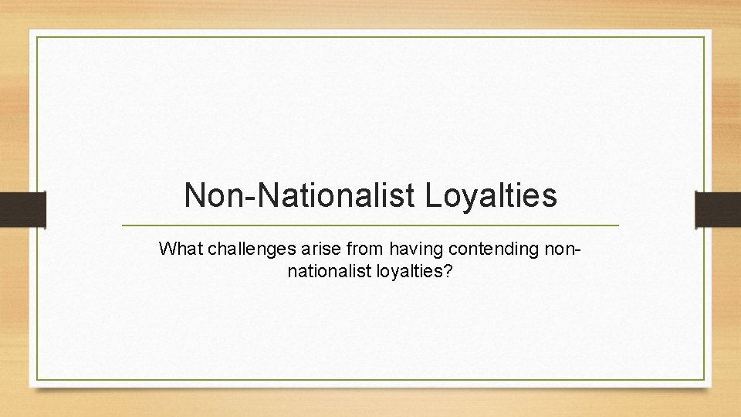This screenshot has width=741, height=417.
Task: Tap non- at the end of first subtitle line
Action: (564, 249)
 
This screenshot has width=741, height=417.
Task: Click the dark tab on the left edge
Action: (22, 209)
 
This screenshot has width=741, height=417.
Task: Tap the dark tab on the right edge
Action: (718, 209)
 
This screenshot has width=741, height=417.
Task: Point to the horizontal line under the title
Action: (370, 225)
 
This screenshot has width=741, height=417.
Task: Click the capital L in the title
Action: (432, 196)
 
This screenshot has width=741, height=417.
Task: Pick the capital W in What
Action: (165, 249)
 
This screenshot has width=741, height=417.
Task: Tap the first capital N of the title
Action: (195, 196)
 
